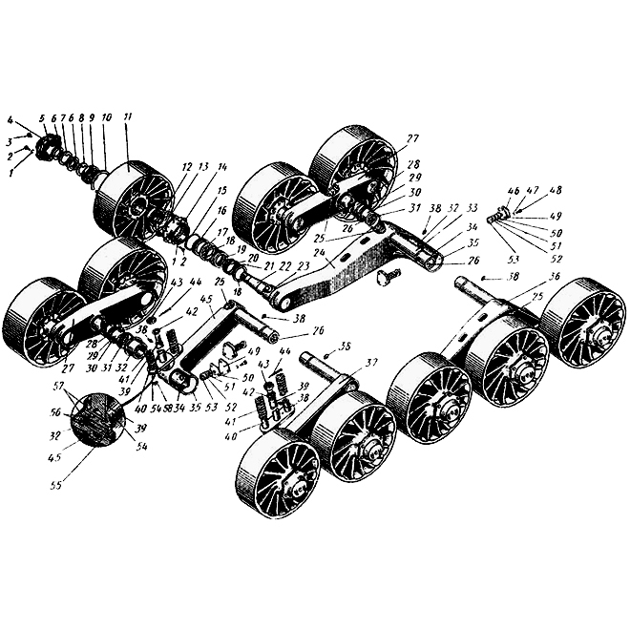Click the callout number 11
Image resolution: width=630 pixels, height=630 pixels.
[128, 116]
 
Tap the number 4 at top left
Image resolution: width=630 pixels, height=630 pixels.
[9, 120]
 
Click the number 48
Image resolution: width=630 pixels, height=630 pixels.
[556, 190]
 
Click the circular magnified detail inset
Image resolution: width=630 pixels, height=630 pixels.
[97, 420]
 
